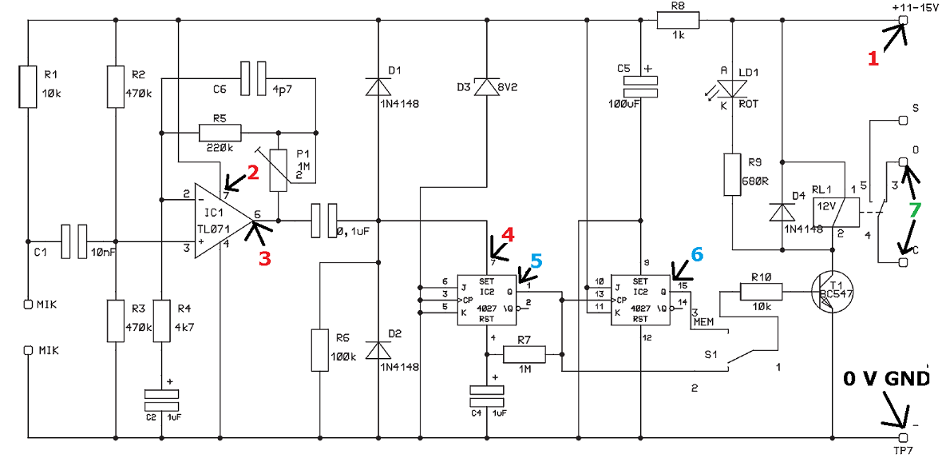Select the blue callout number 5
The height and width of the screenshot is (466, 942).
point(536,260)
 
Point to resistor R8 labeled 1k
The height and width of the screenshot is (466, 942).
point(678,21)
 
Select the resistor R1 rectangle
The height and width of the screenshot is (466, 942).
point(29,86)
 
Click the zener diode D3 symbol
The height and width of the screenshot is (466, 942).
point(485,86)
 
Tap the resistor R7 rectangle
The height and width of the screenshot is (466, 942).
point(524,354)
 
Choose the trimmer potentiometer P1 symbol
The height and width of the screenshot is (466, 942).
point(279,170)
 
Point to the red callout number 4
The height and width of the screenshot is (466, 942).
point(509,233)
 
